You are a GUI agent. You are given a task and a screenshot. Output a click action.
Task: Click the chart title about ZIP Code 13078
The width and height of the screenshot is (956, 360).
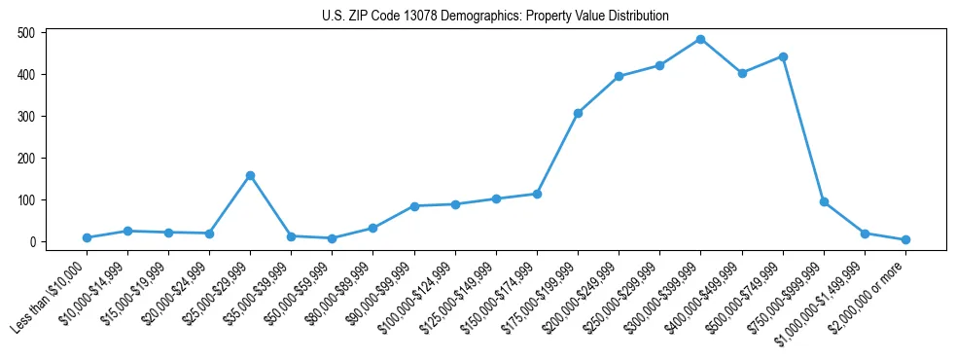coord(496,16)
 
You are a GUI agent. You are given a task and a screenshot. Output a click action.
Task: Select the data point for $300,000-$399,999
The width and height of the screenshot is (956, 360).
coord(701,39)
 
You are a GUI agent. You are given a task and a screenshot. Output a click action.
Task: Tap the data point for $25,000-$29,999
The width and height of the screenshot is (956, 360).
coord(251,175)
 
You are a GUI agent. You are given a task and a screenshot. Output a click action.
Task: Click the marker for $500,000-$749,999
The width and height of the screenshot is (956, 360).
coord(783,56)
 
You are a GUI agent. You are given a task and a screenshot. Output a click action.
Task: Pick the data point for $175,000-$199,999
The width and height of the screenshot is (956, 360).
coord(578,113)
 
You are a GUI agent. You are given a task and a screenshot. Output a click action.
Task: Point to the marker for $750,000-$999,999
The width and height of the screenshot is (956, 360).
coord(824,201)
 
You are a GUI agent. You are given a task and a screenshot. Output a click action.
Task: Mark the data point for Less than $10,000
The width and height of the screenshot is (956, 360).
coord(87,237)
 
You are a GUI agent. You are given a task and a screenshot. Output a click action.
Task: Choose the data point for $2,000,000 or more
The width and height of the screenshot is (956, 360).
coord(905,239)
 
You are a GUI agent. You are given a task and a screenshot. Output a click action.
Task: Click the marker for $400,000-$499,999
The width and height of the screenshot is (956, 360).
coord(742,73)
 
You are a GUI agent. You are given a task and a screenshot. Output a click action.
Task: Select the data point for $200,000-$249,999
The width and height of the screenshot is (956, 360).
coord(619,76)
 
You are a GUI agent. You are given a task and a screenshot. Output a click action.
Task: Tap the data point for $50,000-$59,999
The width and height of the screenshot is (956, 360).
coord(333,238)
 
